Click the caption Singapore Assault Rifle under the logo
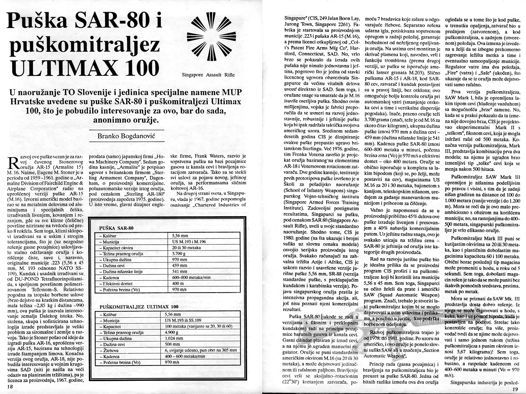[x=208, y=75]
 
